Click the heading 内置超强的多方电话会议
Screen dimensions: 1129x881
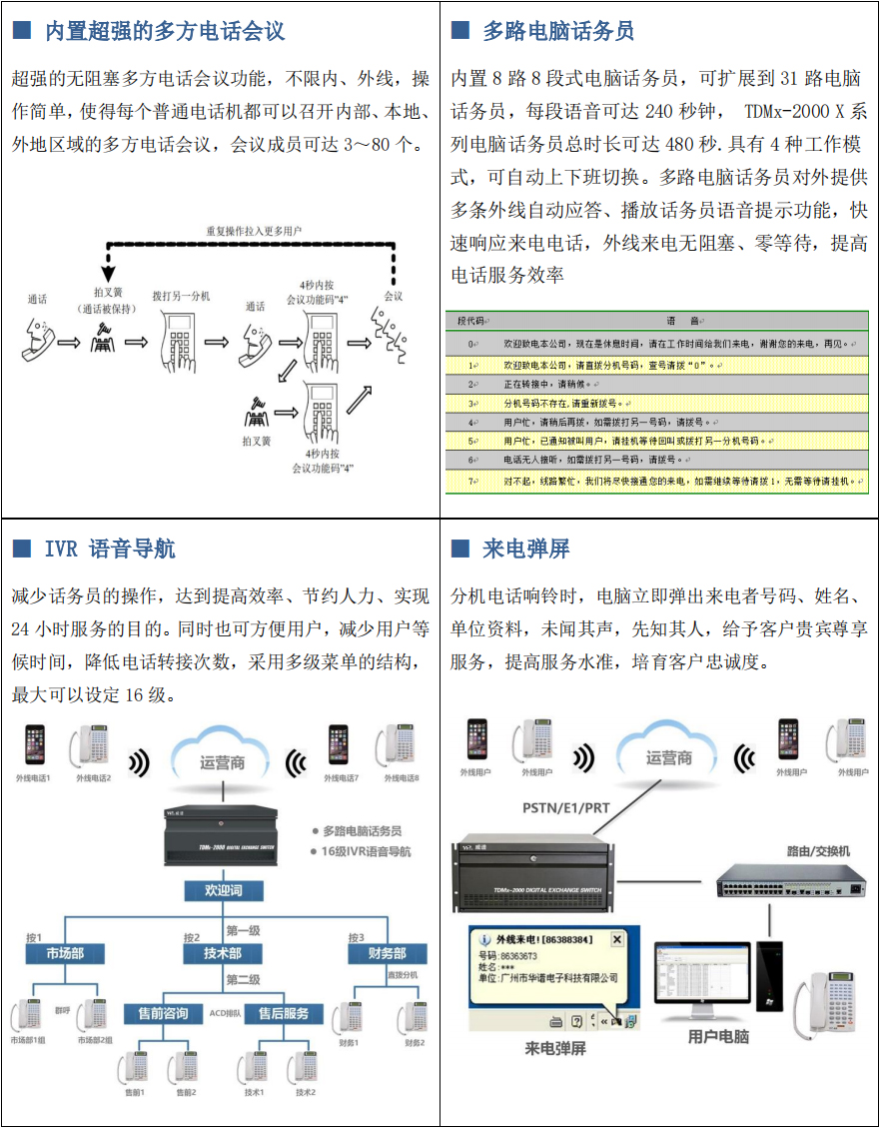(165, 31)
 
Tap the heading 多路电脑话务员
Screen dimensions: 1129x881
(558, 31)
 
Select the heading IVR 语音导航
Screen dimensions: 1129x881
(110, 549)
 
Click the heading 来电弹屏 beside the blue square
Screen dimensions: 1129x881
(526, 549)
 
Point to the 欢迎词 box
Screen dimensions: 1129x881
(223, 889)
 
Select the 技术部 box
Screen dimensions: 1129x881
(223, 953)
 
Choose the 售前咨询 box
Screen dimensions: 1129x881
(162, 1013)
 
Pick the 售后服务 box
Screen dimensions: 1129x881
(284, 1013)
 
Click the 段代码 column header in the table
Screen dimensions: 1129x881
(470, 321)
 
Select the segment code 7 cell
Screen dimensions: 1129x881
(470, 481)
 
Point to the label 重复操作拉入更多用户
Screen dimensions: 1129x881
(254, 231)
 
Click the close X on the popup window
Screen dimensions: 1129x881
(616, 939)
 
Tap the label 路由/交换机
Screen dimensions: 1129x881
(818, 850)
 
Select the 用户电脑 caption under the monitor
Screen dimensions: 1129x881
(718, 1037)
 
